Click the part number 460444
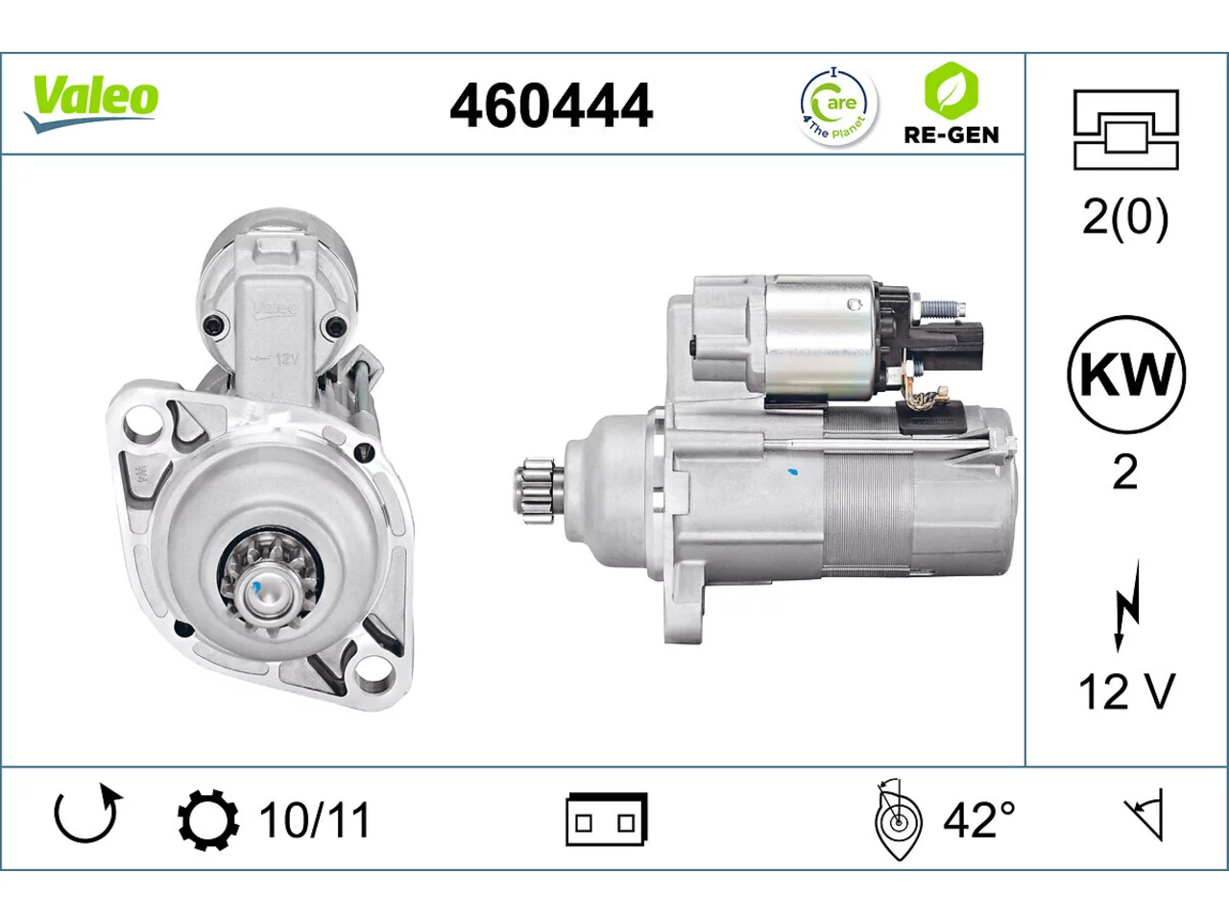coord(551,106)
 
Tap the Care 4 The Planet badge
coord(838,106)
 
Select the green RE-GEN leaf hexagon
coord(952,90)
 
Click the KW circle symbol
coord(1126,375)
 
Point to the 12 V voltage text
coord(1126,691)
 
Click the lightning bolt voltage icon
coord(1126,606)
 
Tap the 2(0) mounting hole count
coord(1125,218)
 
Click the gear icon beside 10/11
coord(208,820)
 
